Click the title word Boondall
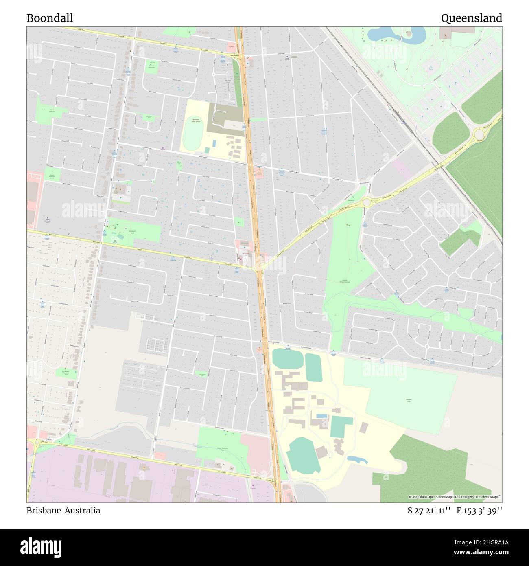coord(50,18)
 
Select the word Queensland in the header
coord(471,18)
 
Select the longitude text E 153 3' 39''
coord(479,511)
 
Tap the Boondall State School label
coord(196,121)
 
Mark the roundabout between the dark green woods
coord(478,133)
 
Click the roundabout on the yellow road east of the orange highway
coord(366,202)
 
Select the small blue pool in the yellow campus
coord(321,416)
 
